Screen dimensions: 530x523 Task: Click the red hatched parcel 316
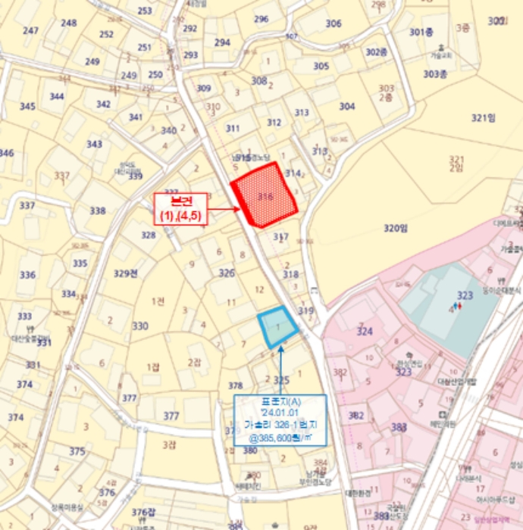click(265, 195)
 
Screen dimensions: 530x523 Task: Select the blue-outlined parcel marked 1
click(278, 327)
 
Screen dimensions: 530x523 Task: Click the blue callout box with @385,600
click(280, 419)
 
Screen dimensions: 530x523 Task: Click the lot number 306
click(334, 23)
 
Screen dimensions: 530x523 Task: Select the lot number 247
click(30, 31)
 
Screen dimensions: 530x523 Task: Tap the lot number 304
click(346, 106)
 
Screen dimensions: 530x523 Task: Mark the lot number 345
click(27, 107)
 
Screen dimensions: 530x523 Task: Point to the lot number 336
click(27, 275)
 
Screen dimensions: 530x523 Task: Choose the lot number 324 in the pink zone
click(365, 331)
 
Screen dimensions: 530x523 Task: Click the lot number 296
click(261, 20)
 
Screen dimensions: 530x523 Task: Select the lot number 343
click(94, 145)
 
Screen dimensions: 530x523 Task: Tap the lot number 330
click(140, 326)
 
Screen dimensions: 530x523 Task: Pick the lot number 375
click(77, 451)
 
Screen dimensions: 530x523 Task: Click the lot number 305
click(321, 67)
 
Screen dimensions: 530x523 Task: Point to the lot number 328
click(148, 235)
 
